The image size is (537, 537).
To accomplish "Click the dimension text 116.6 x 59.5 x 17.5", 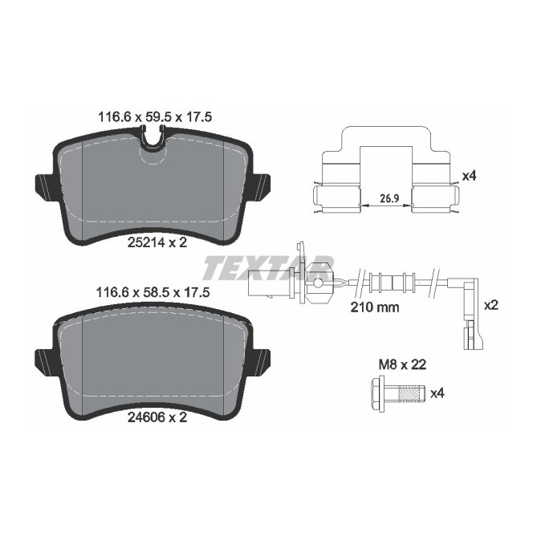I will [152, 116].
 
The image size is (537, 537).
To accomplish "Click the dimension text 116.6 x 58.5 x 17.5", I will [152, 295].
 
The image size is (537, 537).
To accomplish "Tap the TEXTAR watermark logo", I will [267, 267].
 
